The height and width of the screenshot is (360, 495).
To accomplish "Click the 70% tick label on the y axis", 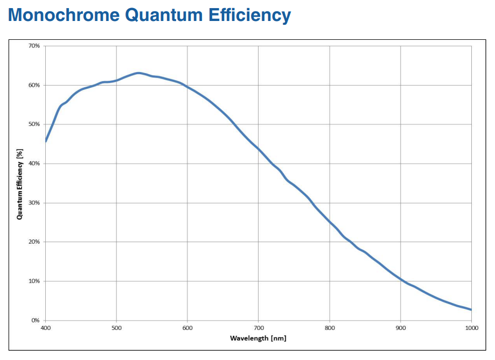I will (34, 46).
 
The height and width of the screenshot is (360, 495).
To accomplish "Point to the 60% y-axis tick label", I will (34, 85).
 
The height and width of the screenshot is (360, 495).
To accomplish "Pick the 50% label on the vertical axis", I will (34, 124).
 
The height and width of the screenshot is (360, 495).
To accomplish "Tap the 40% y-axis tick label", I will (34, 164).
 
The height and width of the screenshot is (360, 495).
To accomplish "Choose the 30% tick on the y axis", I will (34, 203).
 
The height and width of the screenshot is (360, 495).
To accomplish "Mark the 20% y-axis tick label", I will (34, 242).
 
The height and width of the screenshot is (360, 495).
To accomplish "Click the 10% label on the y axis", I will (34, 281).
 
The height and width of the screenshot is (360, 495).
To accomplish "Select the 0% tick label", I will (36, 321).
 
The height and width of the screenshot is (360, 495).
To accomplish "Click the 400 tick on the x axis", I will (45, 328).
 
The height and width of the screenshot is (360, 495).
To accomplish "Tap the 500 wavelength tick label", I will (116, 328).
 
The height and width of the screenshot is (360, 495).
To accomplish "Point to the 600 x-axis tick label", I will (187, 328).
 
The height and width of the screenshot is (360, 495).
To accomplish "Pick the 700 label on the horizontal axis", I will (259, 328).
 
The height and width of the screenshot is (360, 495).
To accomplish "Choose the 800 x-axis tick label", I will (330, 328).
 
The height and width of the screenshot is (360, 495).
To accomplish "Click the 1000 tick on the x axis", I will (471, 328).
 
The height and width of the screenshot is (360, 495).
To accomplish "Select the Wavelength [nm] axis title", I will (258, 338).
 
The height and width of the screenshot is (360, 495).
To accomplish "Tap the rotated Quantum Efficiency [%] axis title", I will (19, 183).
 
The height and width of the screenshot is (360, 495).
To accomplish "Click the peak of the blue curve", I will (138, 73).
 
